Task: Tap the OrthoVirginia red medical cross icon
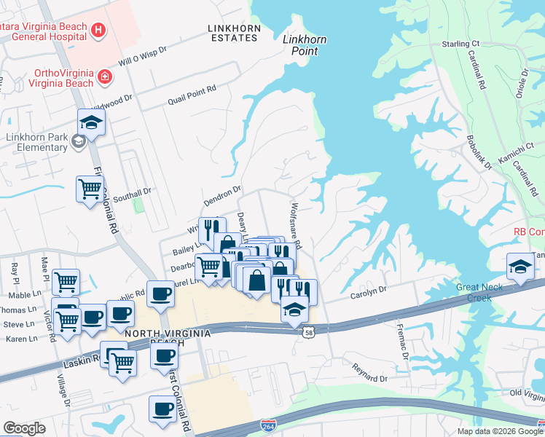click(x=106, y=76)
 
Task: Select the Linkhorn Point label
click(x=305, y=45)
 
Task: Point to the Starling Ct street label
click(x=461, y=44)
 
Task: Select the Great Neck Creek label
click(x=479, y=292)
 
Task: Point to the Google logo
click(x=24, y=428)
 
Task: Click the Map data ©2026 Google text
click(x=499, y=431)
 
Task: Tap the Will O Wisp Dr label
click(x=143, y=57)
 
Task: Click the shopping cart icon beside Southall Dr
click(x=90, y=189)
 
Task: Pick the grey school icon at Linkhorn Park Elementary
click(x=78, y=142)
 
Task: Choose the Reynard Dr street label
click(x=369, y=374)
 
